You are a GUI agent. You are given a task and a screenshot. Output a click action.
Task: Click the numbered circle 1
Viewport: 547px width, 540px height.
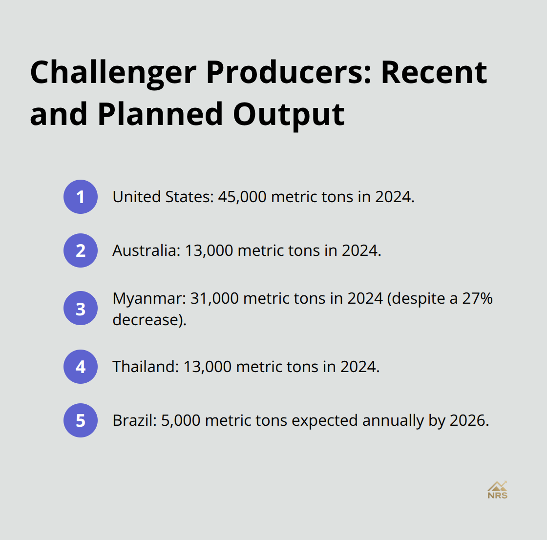pos(81,197)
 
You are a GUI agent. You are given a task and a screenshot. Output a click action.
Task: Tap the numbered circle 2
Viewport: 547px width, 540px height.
pos(81,250)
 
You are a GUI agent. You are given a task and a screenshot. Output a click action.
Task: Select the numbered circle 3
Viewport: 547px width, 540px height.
pos(81,309)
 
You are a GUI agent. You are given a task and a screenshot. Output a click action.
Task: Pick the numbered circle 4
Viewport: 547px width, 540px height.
pos(81,367)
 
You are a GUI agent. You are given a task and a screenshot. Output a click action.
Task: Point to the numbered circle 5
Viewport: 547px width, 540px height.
pos(81,420)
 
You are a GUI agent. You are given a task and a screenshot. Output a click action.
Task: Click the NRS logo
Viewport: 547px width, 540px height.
pos(497,490)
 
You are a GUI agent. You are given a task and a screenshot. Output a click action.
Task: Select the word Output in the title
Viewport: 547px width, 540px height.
pos(289,115)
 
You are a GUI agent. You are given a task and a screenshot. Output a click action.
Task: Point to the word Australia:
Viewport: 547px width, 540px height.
pos(147,250)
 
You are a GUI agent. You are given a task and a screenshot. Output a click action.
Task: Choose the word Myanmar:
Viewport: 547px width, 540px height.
pos(149,298)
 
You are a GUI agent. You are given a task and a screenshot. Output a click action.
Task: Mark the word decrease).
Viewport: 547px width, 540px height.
pos(149,320)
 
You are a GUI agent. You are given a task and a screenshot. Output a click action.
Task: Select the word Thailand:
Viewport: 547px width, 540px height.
pos(146,367)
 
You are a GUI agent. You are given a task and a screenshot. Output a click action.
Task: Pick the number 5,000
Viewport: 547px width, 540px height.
pos(181,420)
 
